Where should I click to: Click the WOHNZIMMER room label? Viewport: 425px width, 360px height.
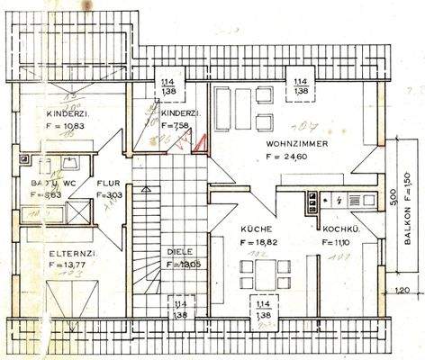click(x=297, y=143)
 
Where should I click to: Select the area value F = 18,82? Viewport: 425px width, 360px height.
click(x=259, y=243)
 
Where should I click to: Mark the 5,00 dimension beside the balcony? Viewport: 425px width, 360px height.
click(x=381, y=197)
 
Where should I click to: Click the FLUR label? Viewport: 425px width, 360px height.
click(x=109, y=180)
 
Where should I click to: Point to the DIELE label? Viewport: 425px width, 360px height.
click(x=180, y=251)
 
